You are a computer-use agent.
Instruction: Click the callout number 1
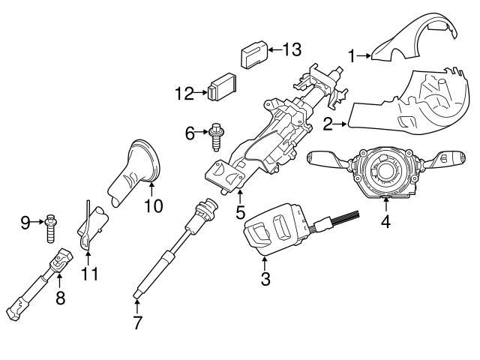point(352,55)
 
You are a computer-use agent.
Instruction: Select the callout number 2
point(328,124)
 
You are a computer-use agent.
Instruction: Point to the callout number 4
point(385,222)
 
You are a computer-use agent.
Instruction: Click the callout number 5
point(240,212)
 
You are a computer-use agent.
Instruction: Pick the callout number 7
point(136,325)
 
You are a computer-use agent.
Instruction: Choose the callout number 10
point(153,204)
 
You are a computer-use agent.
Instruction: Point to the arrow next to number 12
point(201,93)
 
